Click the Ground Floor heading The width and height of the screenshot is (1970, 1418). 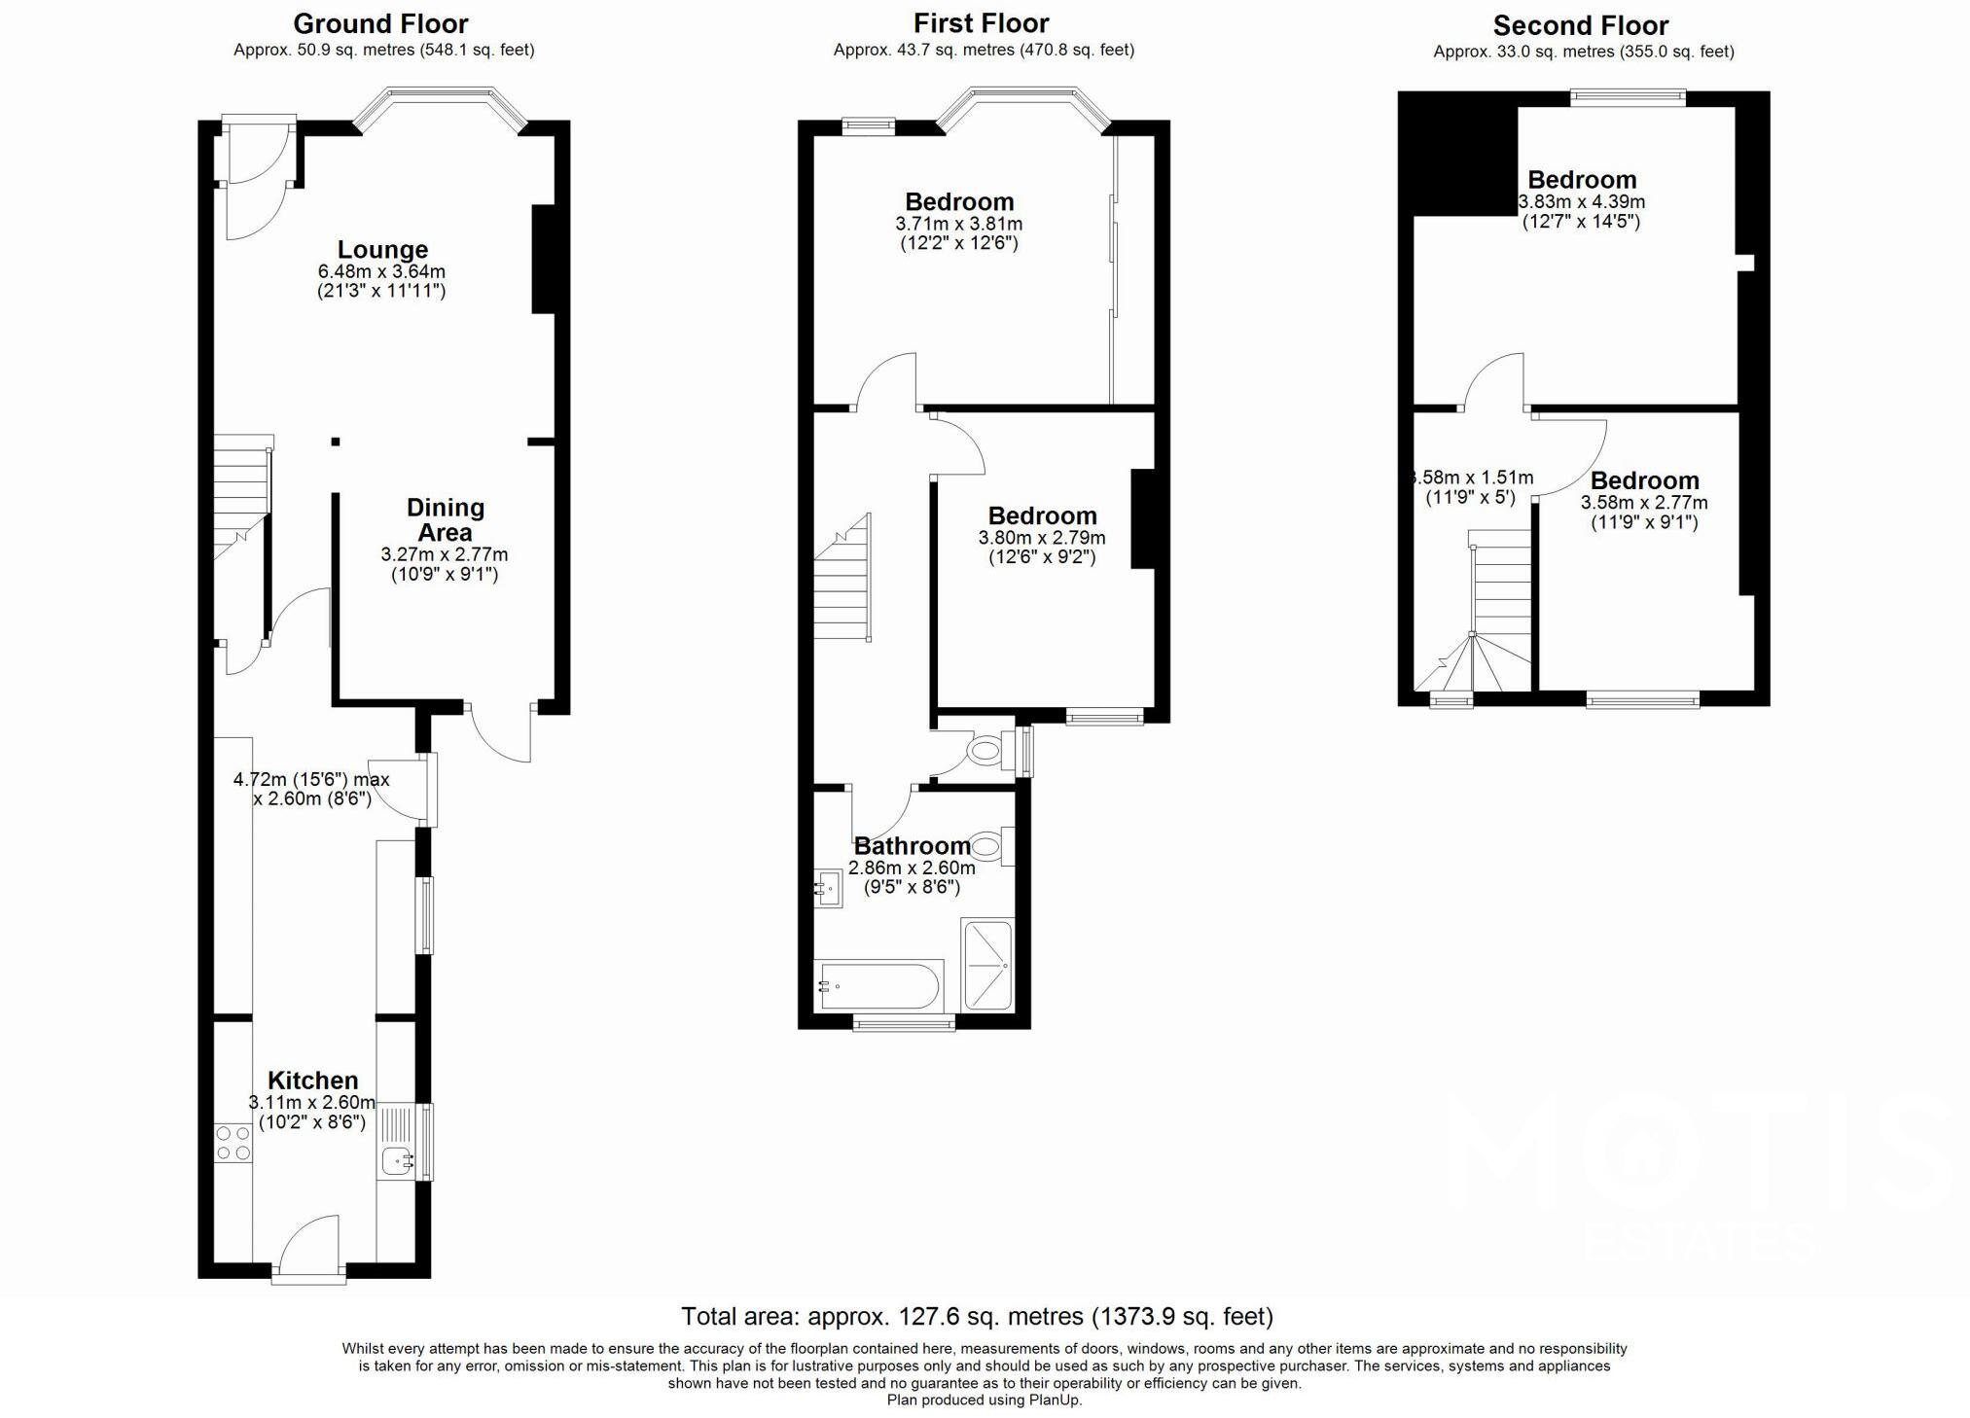click(x=380, y=23)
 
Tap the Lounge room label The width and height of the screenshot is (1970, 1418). click(x=382, y=249)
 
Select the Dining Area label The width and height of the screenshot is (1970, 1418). click(x=445, y=519)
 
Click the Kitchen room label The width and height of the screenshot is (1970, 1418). click(x=312, y=1080)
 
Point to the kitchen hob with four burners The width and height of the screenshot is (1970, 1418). click(x=233, y=1143)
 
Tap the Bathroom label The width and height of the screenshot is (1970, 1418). click(x=912, y=845)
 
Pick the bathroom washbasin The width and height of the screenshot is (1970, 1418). click(x=829, y=888)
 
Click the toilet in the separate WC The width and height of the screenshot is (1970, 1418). click(x=985, y=751)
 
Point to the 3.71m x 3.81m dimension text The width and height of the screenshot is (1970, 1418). click(x=959, y=224)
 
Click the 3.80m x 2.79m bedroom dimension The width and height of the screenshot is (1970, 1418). click(x=1042, y=538)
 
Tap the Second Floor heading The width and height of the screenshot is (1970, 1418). click(x=1581, y=25)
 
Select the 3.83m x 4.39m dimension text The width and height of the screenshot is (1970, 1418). click(x=1582, y=202)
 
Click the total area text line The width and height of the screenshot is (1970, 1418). click(x=977, y=1316)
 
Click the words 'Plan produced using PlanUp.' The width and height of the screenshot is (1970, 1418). click(x=984, y=1400)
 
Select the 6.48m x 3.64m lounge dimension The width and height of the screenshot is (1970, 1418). click(x=381, y=271)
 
